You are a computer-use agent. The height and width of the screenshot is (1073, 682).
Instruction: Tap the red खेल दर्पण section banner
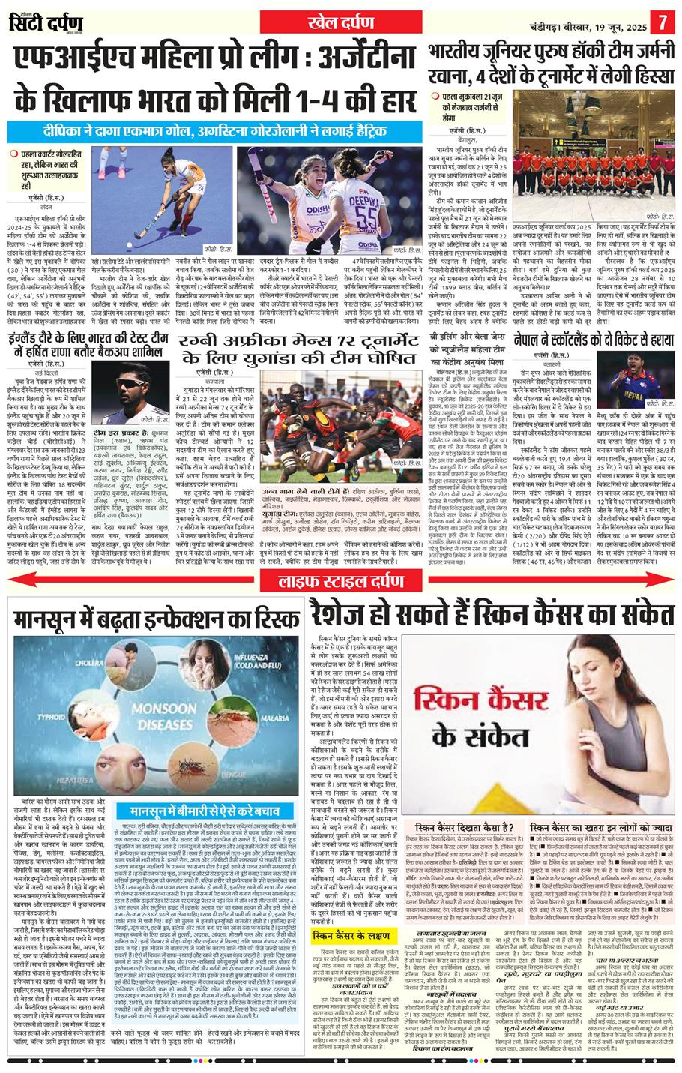[x=340, y=21]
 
